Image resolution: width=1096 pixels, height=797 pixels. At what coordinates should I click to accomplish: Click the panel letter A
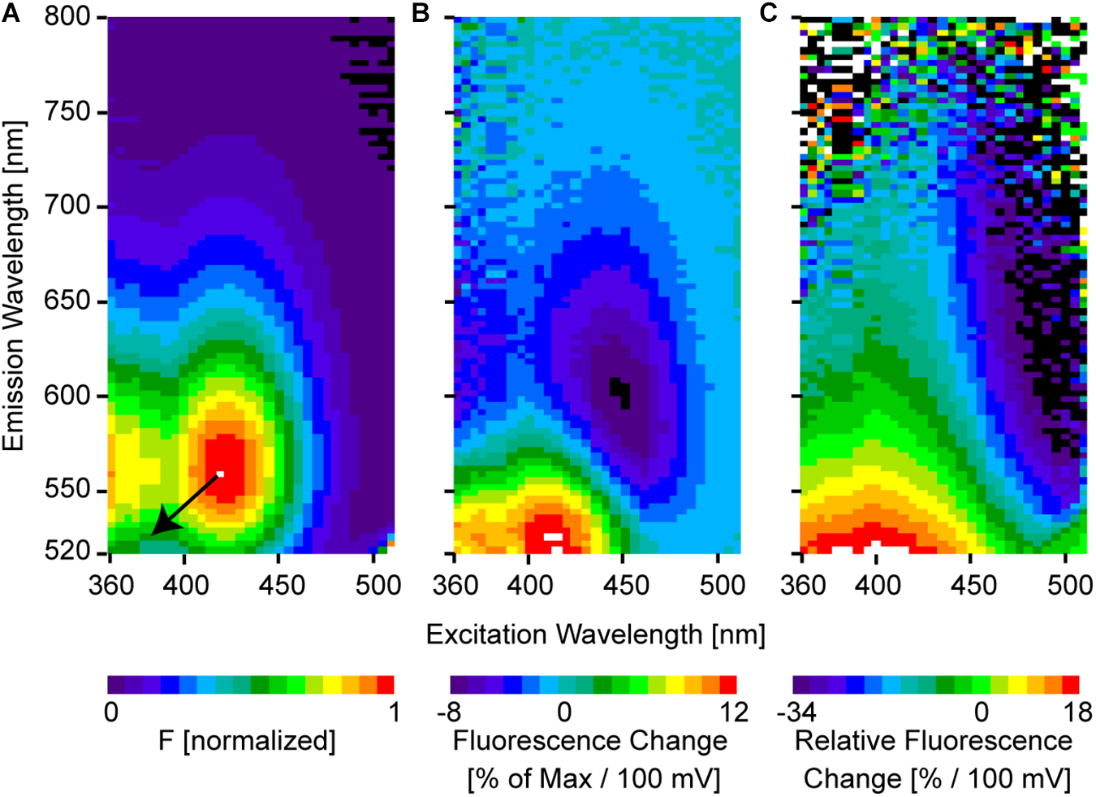(11, 14)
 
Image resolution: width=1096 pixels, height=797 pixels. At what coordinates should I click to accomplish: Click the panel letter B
(421, 14)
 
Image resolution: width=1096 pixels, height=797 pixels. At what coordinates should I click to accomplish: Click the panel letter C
(768, 14)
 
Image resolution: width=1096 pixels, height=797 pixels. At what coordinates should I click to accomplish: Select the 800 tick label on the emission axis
(69, 17)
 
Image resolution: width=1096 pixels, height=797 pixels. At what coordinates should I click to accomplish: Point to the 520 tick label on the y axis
(69, 552)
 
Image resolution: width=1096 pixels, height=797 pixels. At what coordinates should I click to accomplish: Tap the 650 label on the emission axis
(69, 301)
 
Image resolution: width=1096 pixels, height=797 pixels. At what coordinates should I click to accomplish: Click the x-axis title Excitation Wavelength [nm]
(595, 635)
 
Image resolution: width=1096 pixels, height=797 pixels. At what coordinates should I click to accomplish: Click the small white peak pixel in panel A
(220, 474)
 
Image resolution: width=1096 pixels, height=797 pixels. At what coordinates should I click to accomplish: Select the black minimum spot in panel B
(620, 392)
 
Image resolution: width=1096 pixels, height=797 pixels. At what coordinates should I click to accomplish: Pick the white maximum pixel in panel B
(553, 536)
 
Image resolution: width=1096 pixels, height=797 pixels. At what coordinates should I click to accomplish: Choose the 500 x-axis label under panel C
(1068, 585)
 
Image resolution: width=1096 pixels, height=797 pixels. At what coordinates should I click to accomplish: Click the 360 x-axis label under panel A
(110, 585)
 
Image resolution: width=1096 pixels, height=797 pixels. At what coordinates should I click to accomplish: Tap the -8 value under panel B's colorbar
(448, 713)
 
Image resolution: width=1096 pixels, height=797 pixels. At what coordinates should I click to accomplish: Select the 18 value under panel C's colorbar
(1077, 713)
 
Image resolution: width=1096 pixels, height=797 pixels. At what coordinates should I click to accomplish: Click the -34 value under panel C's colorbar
(796, 713)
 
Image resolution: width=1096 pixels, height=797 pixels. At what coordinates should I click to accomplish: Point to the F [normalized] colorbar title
(247, 741)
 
